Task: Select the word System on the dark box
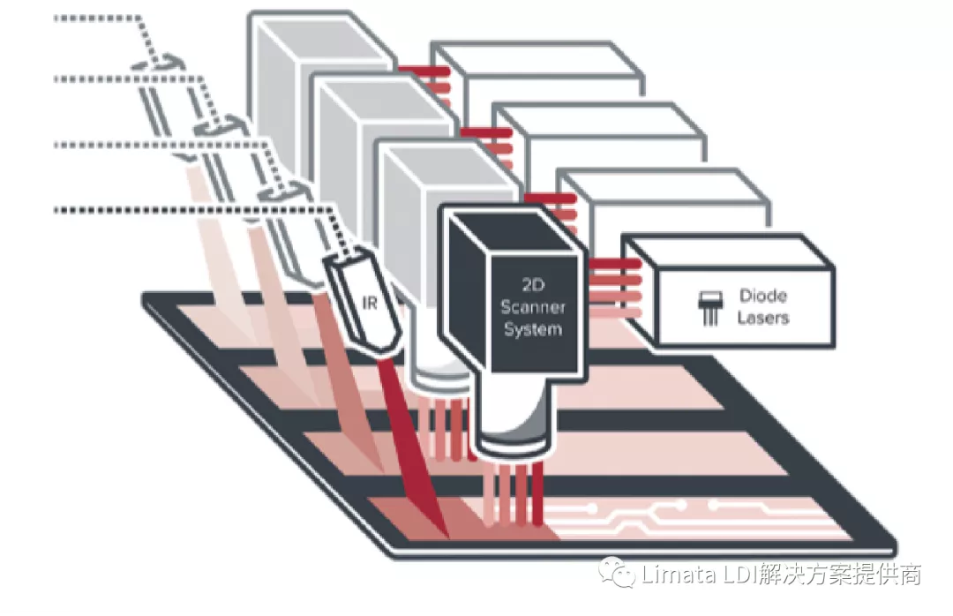(532, 329)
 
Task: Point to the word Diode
(763, 296)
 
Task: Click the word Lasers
(763, 317)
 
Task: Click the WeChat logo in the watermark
(617, 575)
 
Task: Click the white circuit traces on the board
(671, 516)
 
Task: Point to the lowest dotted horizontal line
(176, 209)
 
